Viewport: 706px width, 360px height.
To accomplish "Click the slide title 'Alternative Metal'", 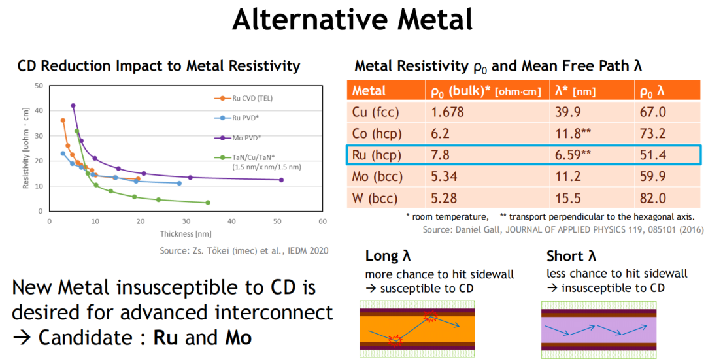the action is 352,20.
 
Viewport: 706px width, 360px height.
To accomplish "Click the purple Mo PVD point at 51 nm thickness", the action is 281,180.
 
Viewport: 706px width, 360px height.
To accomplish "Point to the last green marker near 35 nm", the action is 208,203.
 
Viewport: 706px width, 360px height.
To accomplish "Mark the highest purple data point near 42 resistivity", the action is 73,106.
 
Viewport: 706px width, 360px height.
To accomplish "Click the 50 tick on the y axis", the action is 39,86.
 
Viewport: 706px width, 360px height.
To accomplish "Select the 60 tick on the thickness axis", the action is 322,221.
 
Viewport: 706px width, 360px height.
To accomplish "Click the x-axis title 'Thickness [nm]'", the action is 186,233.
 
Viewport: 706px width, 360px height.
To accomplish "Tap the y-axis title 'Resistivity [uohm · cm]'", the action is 25,148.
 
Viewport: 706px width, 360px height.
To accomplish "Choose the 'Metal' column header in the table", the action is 369,91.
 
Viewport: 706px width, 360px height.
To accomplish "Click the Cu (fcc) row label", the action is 375,112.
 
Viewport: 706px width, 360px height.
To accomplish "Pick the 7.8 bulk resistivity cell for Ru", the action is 440,155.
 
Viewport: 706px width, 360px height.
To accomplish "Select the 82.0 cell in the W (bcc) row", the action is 653,198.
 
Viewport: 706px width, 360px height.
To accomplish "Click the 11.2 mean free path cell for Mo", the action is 568,176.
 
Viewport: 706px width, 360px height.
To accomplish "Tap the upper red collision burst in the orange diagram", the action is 430,317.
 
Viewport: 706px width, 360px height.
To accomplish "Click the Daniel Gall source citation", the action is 563,229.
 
